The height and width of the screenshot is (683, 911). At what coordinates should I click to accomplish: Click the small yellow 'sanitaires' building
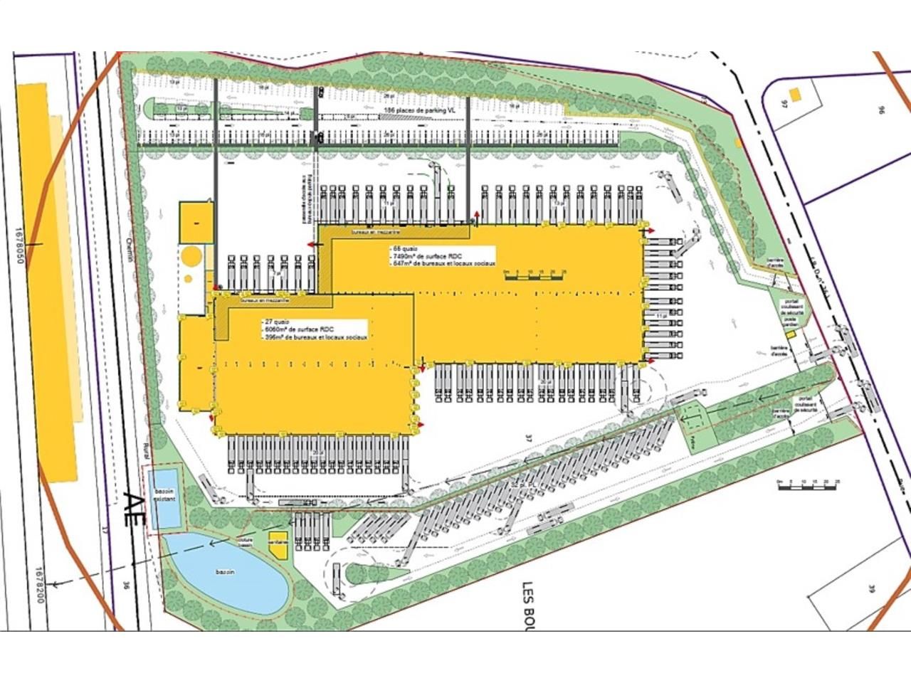pyautogui.click(x=278, y=544)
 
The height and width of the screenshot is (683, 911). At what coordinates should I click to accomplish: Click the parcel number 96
pyautogui.click(x=880, y=110)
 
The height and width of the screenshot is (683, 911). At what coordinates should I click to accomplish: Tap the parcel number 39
pyautogui.click(x=871, y=588)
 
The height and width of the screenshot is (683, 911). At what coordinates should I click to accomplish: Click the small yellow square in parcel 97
pyautogui.click(x=795, y=93)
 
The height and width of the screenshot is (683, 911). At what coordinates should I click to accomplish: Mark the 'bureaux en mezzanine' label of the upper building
pyautogui.click(x=376, y=233)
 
